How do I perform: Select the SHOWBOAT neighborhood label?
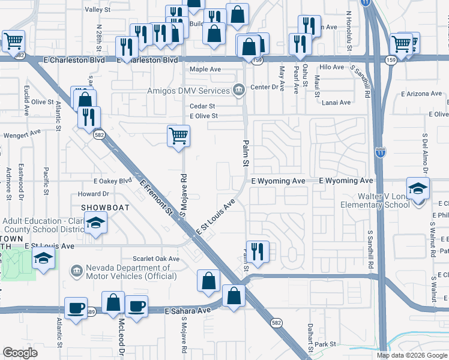pos(102,208)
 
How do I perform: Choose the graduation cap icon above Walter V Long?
pos(418,188)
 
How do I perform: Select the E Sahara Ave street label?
pos(188,310)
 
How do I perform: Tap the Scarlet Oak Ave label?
pos(157,259)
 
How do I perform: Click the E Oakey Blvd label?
pos(112,181)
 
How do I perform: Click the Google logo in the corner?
pos(20,353)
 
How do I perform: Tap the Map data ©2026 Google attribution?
pos(411,355)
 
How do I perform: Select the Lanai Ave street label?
pos(336,103)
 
